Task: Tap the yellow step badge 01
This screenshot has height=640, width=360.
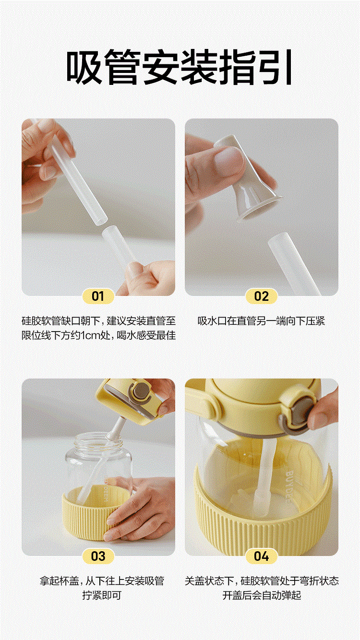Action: tap(98, 296)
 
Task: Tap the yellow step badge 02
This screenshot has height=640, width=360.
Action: tap(261, 296)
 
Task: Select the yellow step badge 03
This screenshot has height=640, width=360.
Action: tap(98, 557)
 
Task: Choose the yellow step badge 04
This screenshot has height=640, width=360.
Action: tap(261, 557)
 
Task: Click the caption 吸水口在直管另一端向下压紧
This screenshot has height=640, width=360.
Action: tap(261, 321)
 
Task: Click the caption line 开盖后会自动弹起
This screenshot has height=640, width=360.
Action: tap(262, 596)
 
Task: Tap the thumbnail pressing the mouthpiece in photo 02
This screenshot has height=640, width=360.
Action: tap(229, 159)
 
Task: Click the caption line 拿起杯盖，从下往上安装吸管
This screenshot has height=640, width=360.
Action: tap(102, 581)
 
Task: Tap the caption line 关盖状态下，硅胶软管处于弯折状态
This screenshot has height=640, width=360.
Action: tap(262, 581)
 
